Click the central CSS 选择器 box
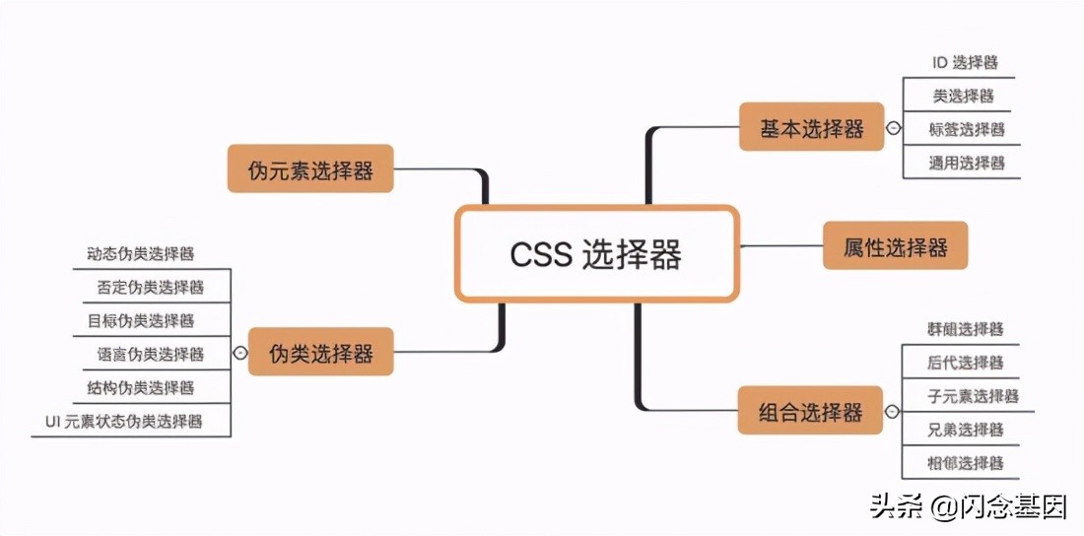596,254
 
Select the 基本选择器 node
811,128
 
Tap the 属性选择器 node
895,246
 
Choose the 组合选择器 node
810,411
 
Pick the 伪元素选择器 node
310,169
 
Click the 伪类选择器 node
321,353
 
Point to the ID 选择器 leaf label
965,62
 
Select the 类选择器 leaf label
963,96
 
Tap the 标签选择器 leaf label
966,129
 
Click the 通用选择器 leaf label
966,163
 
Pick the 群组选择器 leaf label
965,329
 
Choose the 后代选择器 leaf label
965,363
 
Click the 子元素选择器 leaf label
972,396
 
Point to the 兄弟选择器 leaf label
965,430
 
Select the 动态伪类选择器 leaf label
139,253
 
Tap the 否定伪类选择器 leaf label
149,287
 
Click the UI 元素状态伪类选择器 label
124,421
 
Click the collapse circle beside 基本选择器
893,128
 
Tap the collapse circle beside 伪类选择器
240,353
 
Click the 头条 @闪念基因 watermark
967,507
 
